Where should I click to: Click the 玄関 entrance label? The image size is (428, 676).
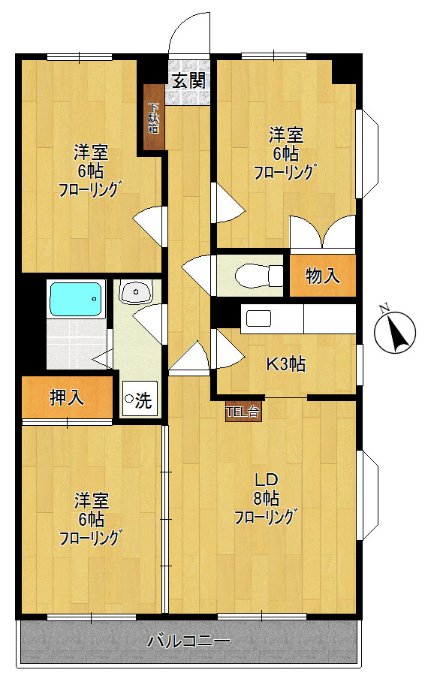[188, 80]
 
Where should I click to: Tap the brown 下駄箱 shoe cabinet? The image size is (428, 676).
[153, 118]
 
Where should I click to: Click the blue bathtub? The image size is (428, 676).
[75, 299]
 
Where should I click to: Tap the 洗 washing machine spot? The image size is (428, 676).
[140, 399]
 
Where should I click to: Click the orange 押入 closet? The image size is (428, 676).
[67, 398]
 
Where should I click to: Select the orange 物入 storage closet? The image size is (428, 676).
[323, 276]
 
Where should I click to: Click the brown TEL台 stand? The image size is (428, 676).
[243, 412]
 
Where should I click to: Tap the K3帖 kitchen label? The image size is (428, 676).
[286, 364]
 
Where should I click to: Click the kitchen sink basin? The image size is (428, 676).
[258, 318]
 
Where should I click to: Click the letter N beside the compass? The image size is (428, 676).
[383, 308]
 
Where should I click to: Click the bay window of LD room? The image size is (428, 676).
[367, 496]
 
